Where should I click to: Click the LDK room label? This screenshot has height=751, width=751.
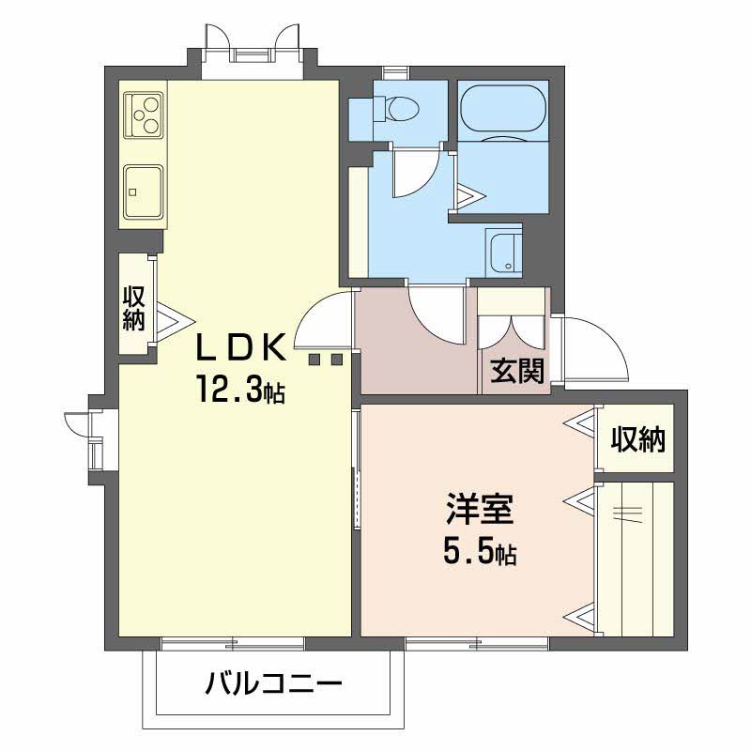[x=239, y=347]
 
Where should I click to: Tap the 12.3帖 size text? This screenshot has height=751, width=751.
[x=239, y=388]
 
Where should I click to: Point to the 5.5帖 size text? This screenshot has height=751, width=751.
[x=479, y=554]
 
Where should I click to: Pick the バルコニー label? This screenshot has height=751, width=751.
[x=273, y=682]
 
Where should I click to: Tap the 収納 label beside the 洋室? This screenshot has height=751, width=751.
[x=638, y=438]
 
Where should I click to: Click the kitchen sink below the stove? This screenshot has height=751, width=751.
[x=144, y=192]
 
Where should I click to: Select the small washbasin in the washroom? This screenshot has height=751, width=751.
[x=504, y=251]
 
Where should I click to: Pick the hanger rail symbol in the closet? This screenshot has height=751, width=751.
[x=628, y=512]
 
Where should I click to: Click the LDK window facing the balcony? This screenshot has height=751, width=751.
[x=232, y=643]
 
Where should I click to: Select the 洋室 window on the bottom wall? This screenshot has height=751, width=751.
[x=477, y=643]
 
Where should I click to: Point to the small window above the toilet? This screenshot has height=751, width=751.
[x=396, y=71]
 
